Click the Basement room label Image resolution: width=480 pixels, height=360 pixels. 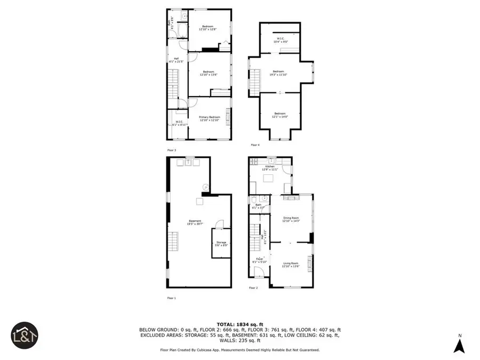coord(194,222)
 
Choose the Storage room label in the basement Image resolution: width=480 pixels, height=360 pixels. coord(221,244)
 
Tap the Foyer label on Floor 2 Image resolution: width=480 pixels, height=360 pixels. coord(259,260)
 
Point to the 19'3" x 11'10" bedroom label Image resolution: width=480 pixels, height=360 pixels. coord(279,73)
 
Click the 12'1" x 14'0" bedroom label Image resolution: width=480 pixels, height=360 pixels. coord(280,115)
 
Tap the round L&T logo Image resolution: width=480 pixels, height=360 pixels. coord(23,334)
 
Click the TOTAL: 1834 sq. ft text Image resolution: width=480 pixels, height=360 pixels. coord(239,324)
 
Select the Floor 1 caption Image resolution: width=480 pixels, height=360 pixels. coord(171,298)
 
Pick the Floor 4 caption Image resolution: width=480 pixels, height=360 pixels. coord(255,145)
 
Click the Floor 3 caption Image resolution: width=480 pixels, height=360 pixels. coord(171,150)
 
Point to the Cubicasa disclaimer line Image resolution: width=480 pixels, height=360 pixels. coord(239,350)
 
